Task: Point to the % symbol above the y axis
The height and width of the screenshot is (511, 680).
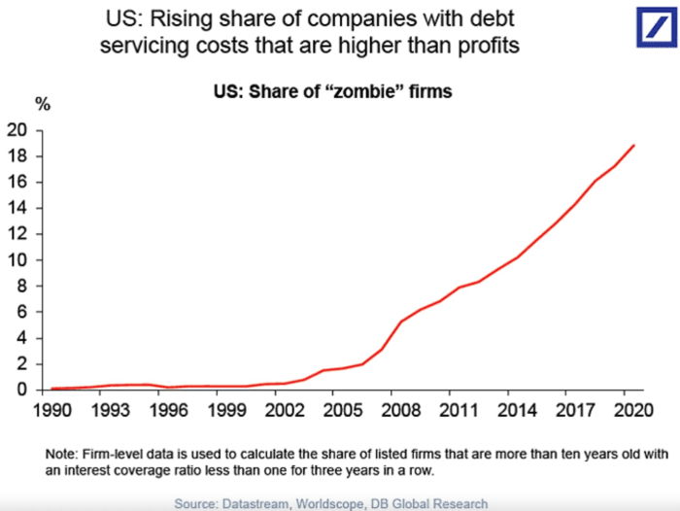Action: [42, 103]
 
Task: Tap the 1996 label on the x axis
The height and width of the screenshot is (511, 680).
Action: [171, 409]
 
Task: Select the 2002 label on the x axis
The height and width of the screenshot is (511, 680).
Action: [287, 409]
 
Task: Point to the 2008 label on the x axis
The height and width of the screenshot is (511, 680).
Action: [402, 409]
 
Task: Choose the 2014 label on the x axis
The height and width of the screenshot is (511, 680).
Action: [518, 409]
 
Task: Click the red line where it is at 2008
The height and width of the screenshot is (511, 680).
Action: [402, 321]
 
